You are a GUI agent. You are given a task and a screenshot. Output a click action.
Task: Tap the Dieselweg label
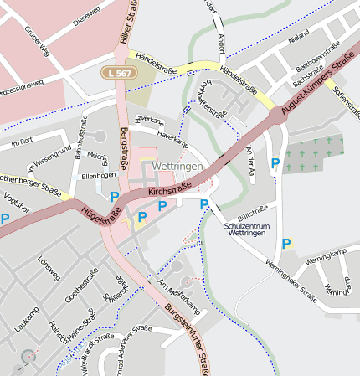86,13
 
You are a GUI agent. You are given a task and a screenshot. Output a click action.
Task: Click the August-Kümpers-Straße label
318,85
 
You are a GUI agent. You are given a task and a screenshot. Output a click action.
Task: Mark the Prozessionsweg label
21,86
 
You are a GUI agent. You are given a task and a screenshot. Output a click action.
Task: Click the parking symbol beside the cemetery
275,163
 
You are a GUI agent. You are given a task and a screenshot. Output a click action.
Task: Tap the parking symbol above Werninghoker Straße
286,244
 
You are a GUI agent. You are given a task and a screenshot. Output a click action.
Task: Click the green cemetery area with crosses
314,154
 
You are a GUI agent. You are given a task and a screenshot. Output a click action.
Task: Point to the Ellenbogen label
98,176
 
